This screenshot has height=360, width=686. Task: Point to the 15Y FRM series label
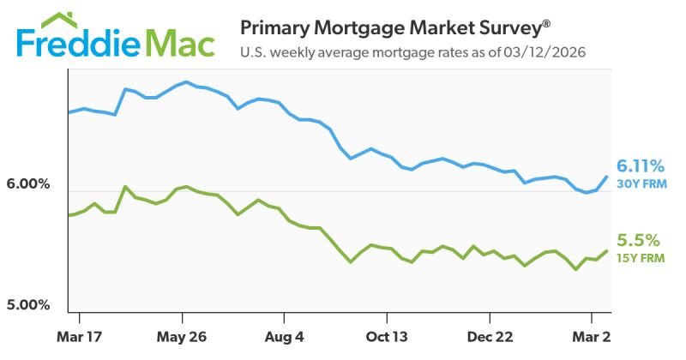click(x=641, y=257)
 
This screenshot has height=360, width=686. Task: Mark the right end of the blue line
click(x=607, y=177)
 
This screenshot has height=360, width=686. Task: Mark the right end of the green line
click(x=607, y=250)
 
